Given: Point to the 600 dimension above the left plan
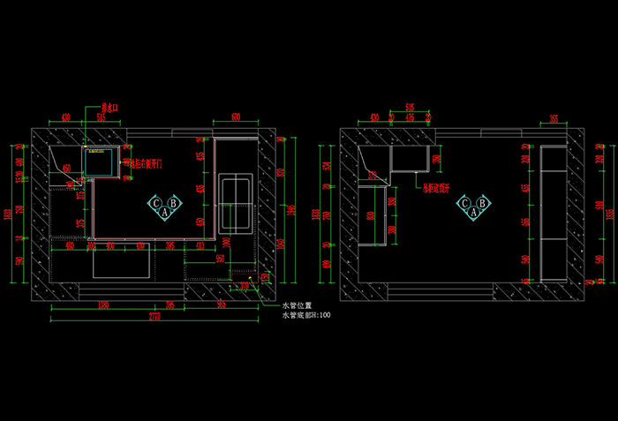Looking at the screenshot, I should (x=236, y=117).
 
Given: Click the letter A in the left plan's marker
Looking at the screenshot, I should (x=165, y=212).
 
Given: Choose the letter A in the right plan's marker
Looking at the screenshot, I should (x=473, y=212).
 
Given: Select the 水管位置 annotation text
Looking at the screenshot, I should (x=296, y=304).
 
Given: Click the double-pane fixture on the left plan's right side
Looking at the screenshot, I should (x=236, y=192).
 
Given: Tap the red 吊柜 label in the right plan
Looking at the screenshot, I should (x=437, y=187).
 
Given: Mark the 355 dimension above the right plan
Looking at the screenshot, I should (x=554, y=117).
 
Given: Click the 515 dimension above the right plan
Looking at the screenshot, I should (x=409, y=107).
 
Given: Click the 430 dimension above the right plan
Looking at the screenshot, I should (x=375, y=117).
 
